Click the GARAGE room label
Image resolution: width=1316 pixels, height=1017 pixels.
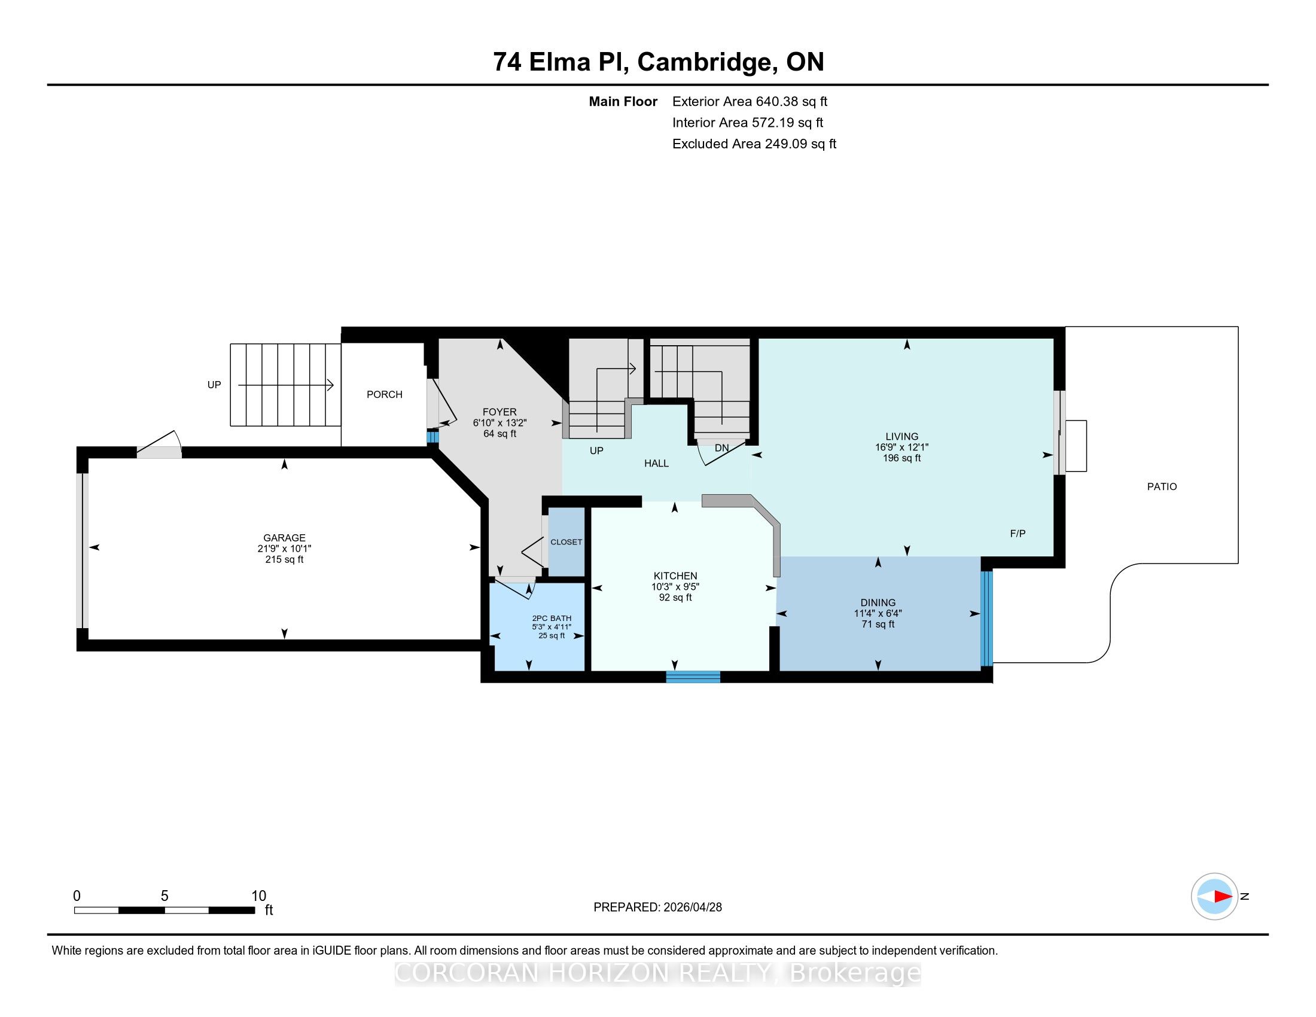(x=284, y=537)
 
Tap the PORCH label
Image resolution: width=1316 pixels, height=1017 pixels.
(x=385, y=394)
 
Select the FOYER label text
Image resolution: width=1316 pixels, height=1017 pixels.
(x=499, y=412)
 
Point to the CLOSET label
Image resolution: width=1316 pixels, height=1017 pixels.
(x=566, y=541)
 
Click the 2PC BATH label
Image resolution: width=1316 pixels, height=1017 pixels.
(x=552, y=618)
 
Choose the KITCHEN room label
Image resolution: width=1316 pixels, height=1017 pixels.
(x=675, y=576)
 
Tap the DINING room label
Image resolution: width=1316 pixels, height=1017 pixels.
(x=878, y=602)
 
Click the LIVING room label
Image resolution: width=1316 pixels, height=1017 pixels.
(x=902, y=436)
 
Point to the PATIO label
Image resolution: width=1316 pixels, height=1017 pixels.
(x=1162, y=486)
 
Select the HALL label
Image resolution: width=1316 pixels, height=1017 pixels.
(x=656, y=463)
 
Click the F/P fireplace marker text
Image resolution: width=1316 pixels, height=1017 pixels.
(x=1018, y=533)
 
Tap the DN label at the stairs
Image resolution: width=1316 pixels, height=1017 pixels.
(x=721, y=447)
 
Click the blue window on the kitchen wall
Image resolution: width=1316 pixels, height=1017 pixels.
(x=693, y=677)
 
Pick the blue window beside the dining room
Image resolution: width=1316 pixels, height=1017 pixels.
(x=986, y=619)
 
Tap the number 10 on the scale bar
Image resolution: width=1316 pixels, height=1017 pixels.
(x=258, y=896)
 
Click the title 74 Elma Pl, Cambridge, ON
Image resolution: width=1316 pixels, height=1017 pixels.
(x=658, y=62)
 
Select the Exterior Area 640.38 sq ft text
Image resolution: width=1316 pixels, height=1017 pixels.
(x=750, y=101)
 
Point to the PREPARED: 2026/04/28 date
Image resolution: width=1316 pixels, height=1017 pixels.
(x=657, y=907)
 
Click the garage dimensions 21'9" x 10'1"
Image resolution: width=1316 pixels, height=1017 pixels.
(x=284, y=548)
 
